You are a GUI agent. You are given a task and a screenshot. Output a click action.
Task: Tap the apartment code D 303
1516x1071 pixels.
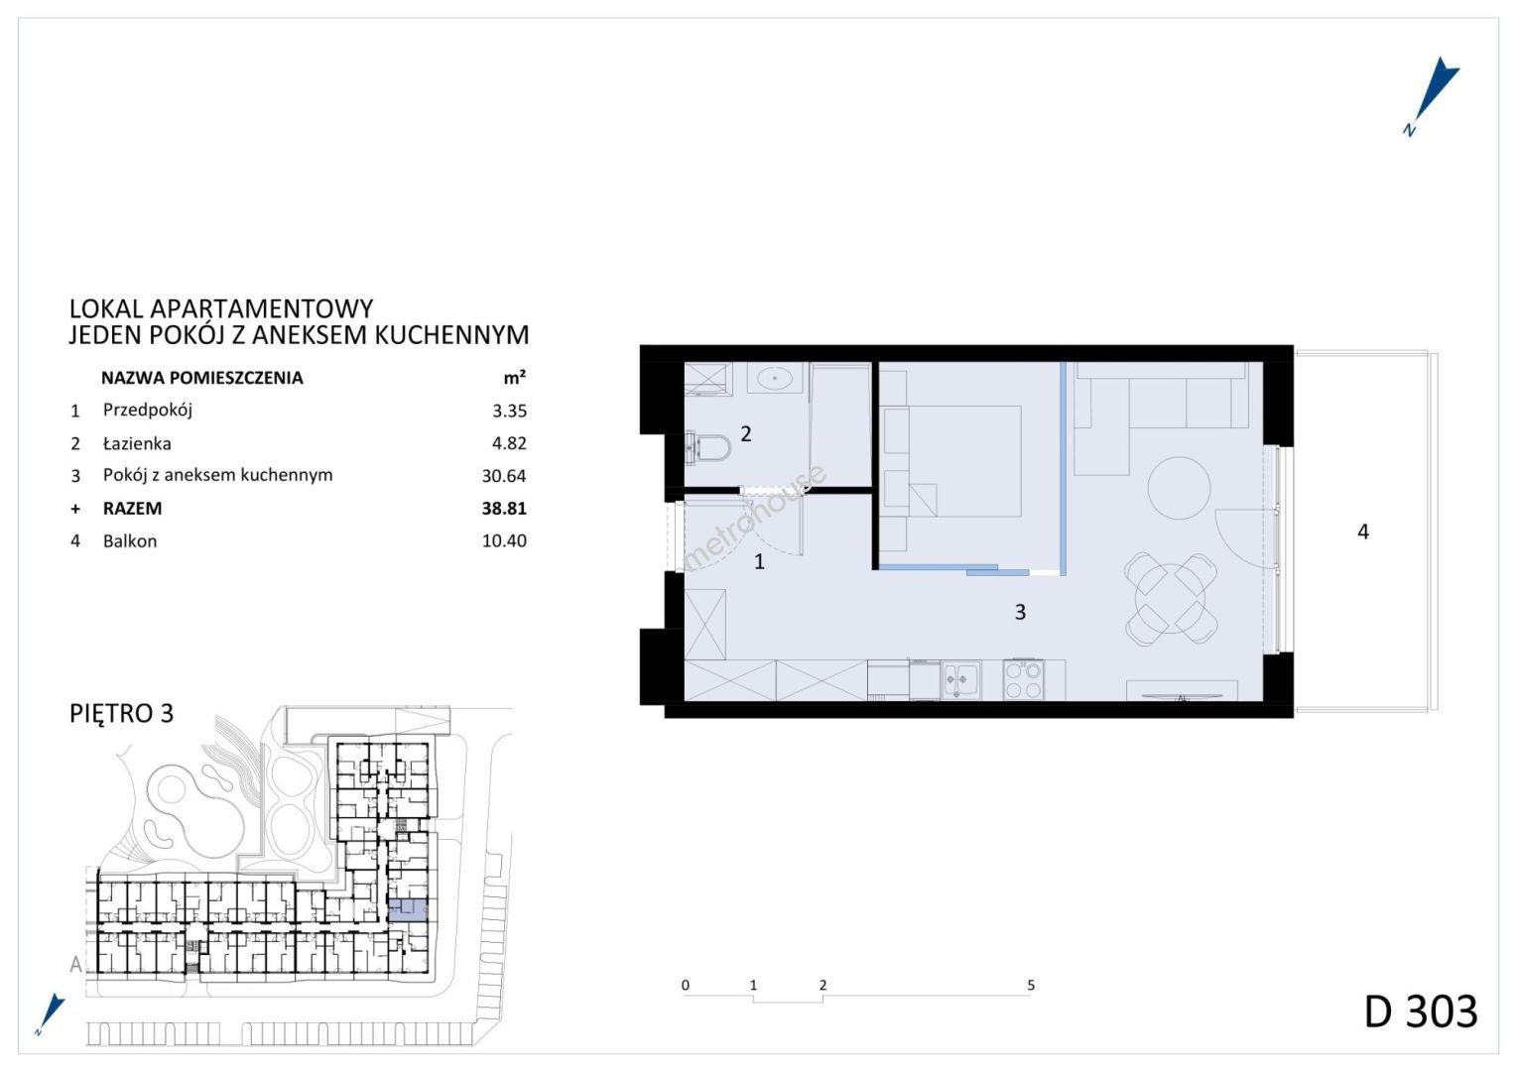point(1421,1012)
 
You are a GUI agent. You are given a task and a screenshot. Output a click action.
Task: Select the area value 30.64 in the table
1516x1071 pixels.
point(504,476)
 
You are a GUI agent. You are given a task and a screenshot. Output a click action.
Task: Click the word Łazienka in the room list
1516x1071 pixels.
point(137,443)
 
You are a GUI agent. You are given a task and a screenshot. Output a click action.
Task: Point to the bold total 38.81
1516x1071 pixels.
point(504,508)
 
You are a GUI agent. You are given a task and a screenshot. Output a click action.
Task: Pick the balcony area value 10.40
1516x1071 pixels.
point(504,540)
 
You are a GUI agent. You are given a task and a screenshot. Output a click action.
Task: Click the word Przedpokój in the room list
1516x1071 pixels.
point(148,410)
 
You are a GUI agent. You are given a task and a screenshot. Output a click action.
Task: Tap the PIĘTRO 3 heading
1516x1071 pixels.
point(122,713)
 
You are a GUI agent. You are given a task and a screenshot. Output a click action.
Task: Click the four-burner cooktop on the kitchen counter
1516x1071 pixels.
point(1023,680)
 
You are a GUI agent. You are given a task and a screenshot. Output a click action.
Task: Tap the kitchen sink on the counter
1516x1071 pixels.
point(961,680)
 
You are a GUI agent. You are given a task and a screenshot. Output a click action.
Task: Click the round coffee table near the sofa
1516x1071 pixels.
point(1179,488)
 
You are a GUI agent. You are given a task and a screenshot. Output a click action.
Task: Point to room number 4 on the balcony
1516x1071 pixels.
point(1363,532)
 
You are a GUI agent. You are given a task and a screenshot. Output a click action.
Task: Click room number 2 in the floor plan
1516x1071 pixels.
point(746,433)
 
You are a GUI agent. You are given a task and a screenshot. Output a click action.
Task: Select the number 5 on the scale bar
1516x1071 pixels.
point(1031,985)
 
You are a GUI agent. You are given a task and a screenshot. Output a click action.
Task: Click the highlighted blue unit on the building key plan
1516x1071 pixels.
point(408,910)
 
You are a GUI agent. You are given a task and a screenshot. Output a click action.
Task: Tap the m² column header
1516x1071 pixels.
point(514,377)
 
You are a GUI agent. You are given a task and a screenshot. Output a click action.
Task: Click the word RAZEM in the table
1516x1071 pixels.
point(133,508)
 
